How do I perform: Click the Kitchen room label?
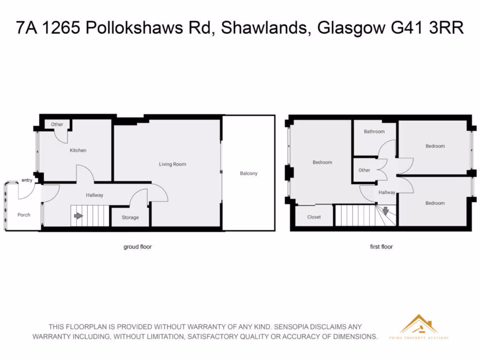(78, 150)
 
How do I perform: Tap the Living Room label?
(172, 164)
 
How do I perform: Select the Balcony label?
(248, 173)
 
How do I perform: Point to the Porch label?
(24, 215)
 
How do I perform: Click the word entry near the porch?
(27, 180)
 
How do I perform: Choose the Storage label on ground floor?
(130, 217)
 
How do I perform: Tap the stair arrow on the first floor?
(385, 211)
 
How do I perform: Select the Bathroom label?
(374, 132)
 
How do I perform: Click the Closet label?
(314, 217)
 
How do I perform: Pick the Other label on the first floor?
(364, 170)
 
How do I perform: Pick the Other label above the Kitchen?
(57, 125)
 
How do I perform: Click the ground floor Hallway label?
(94, 195)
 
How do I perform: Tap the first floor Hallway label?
(387, 192)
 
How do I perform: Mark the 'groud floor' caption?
(137, 247)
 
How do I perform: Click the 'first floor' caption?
(381, 247)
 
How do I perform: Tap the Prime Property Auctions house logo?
(419, 324)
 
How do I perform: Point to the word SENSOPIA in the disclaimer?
(293, 327)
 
